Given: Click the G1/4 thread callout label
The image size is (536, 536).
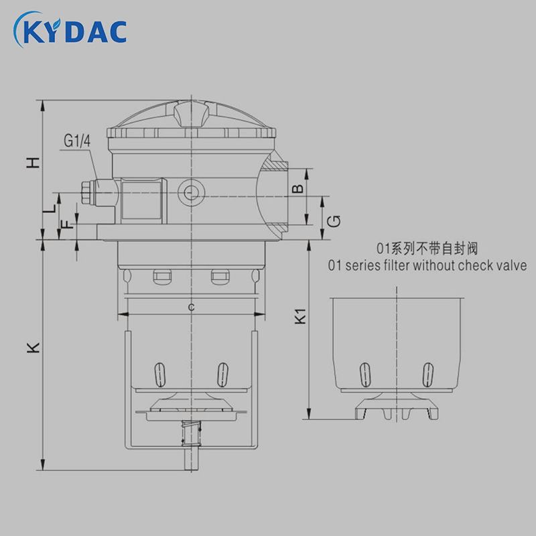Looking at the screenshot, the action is (77, 141).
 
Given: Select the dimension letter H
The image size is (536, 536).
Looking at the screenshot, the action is (33, 163).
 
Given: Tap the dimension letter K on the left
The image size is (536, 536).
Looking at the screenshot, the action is (33, 347).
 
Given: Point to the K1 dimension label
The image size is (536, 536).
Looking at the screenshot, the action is (300, 316).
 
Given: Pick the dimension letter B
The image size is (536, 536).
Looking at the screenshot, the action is (298, 188).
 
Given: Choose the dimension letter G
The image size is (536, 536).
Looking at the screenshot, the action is (334, 221).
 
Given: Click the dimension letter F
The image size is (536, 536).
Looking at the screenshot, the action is (68, 224).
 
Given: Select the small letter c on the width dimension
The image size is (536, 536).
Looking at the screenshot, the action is (192, 307).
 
